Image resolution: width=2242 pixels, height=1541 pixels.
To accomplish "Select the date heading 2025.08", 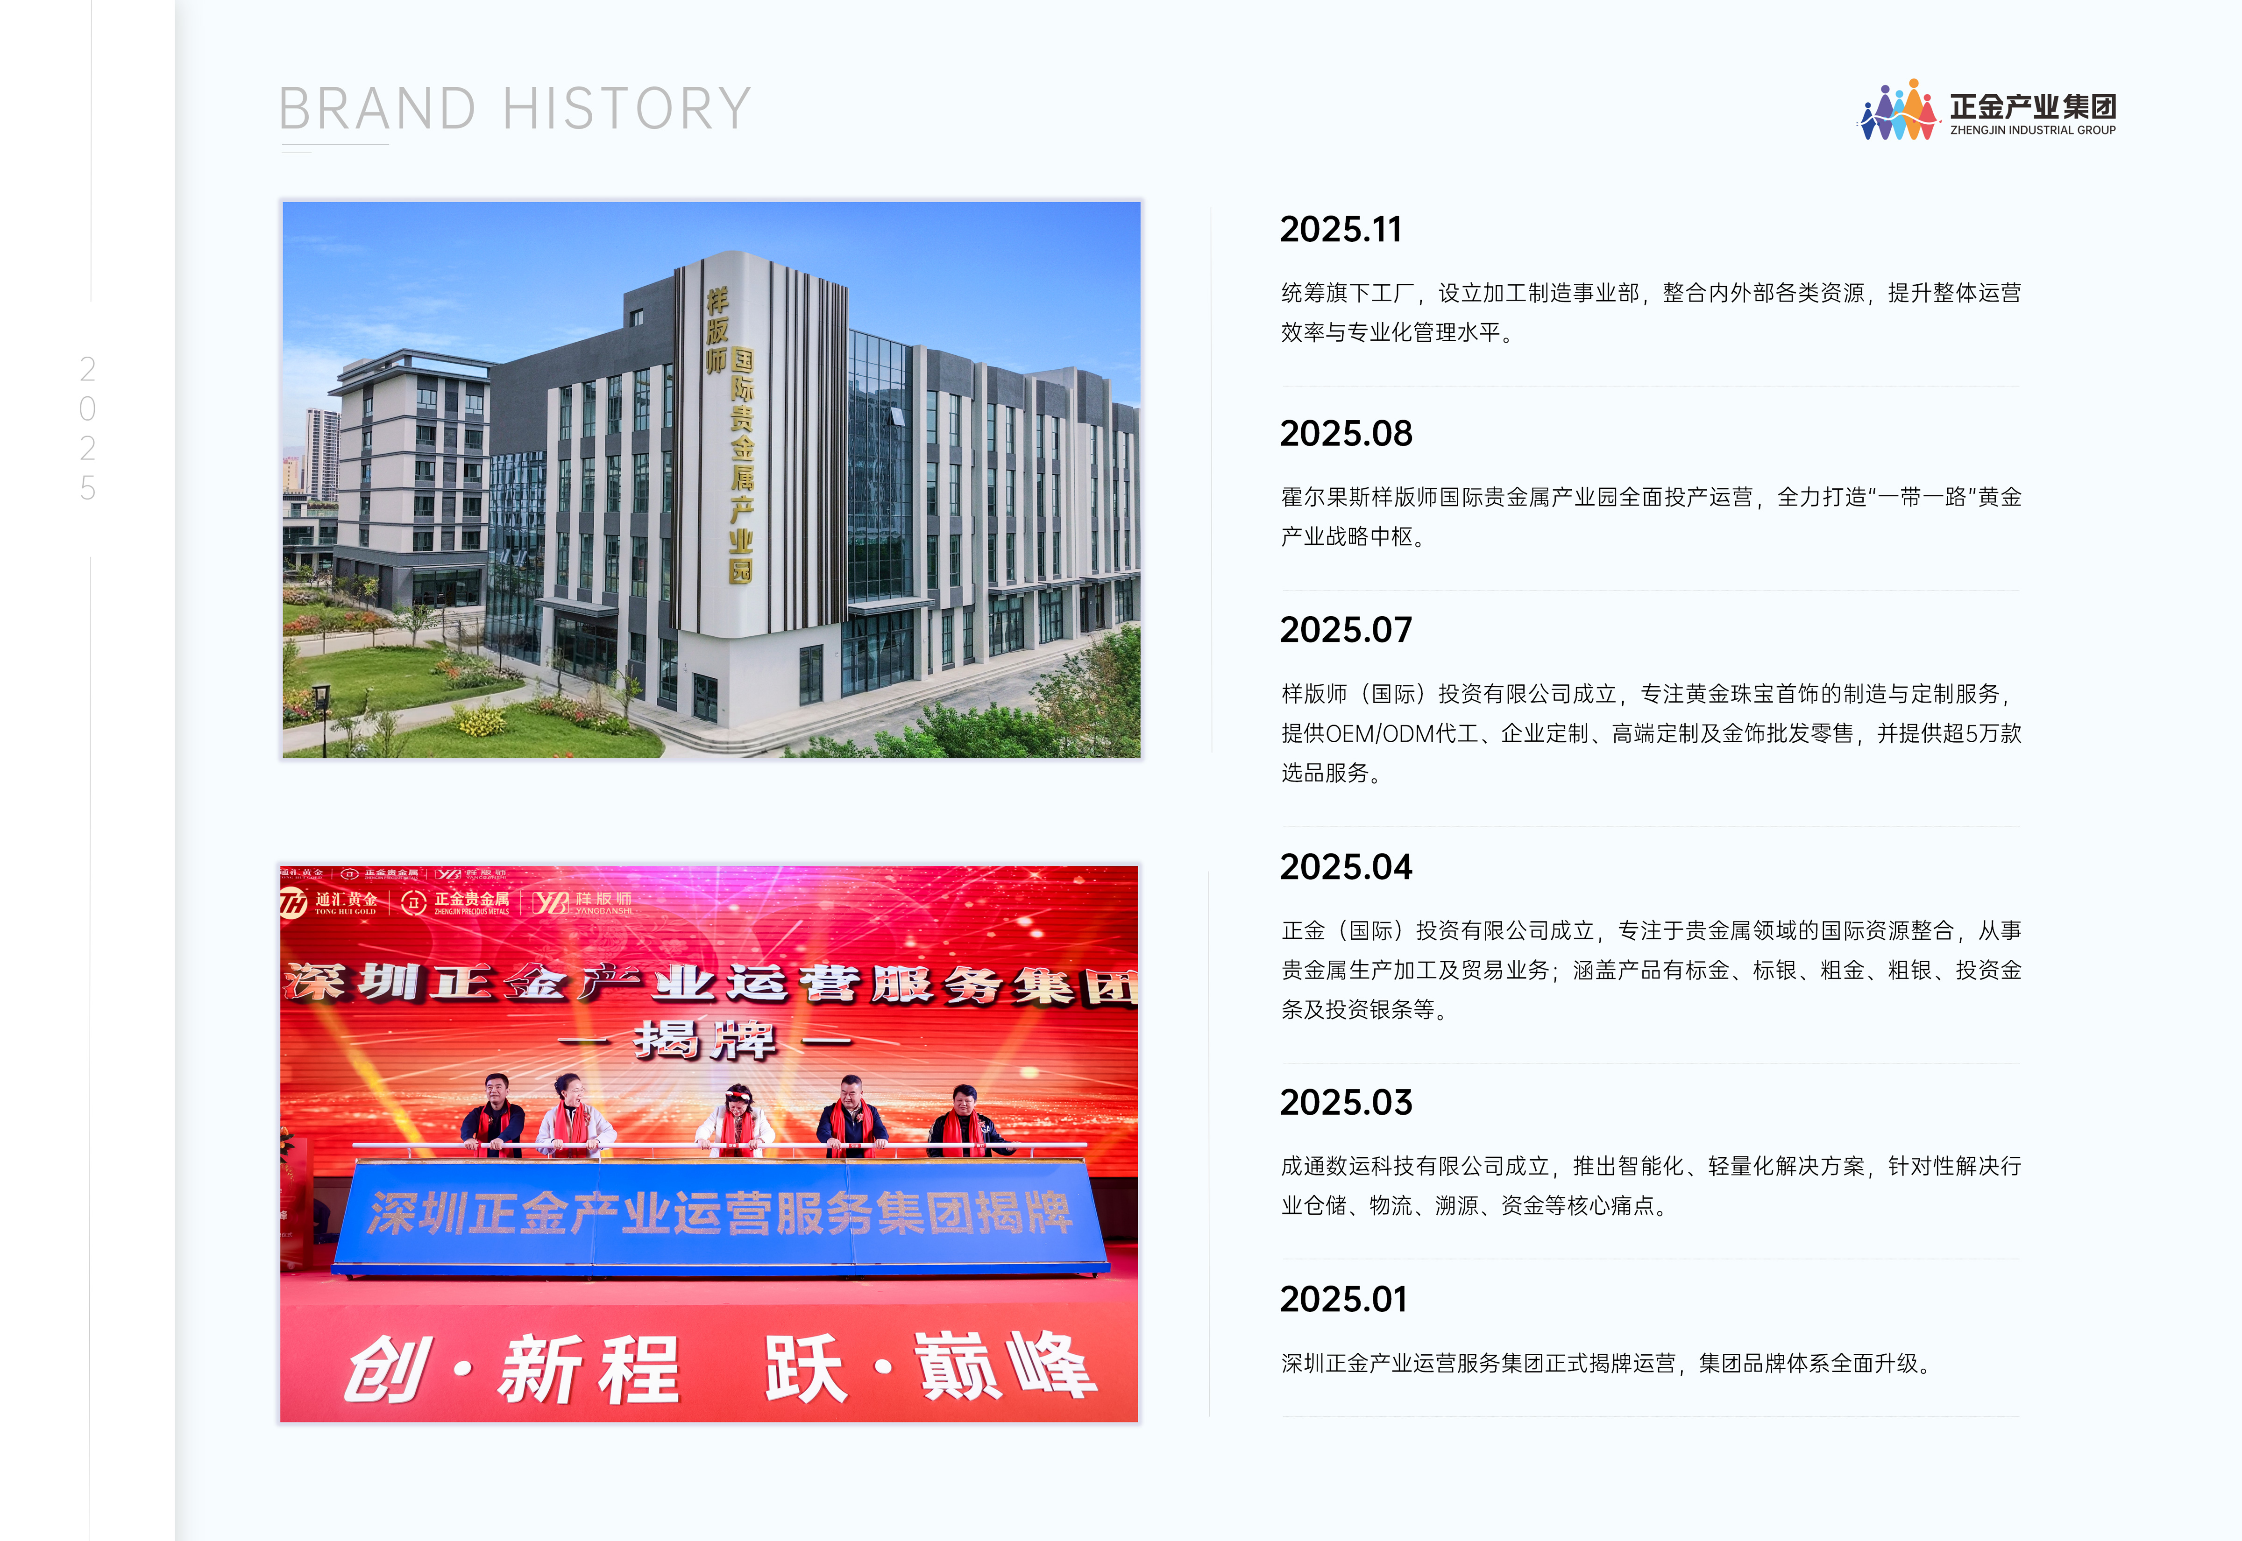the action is pyautogui.click(x=1346, y=434).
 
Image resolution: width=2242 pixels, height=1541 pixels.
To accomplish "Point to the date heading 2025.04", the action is pyautogui.click(x=1346, y=867).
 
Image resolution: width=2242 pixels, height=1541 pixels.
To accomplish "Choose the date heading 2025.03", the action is pyautogui.click(x=1346, y=1103).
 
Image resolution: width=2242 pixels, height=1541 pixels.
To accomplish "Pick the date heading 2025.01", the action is pyautogui.click(x=1344, y=1300).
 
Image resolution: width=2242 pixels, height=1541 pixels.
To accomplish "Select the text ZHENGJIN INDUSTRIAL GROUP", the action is pyautogui.click(x=2032, y=130).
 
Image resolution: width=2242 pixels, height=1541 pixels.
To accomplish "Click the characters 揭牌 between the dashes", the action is pyautogui.click(x=705, y=1041).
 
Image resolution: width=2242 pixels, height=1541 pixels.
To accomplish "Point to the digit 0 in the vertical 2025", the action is pyautogui.click(x=88, y=409).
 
